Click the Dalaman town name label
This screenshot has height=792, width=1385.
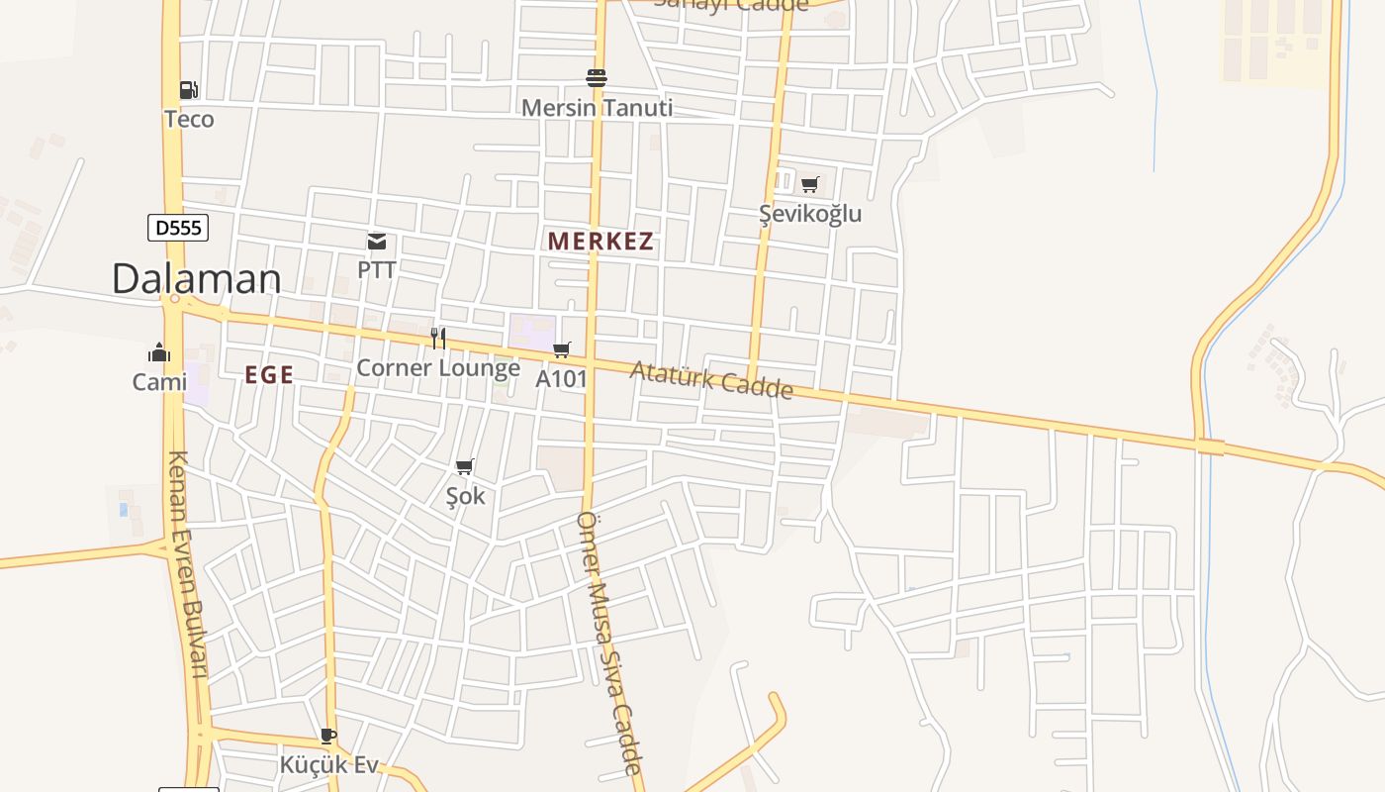196,278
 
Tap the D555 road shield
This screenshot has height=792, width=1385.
178,229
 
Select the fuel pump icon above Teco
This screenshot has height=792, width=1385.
189,90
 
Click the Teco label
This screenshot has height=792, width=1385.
189,120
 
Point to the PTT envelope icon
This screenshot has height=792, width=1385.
377,242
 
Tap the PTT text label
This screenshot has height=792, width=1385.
377,269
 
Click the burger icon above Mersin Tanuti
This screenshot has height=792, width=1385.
597,77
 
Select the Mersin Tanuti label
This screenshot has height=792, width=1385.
597,108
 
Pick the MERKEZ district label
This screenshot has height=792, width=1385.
600,242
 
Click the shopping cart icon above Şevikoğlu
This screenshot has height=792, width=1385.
810,184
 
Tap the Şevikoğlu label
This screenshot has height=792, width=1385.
810,214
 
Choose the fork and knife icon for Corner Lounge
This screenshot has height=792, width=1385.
438,339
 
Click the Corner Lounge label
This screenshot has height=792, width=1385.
438,368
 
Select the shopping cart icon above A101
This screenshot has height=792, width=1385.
562,349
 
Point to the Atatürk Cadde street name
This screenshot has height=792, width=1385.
711,380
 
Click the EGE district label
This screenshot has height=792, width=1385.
269,374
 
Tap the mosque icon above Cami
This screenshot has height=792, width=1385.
159,352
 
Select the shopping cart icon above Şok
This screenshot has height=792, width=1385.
465,466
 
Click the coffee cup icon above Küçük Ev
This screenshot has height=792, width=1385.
328,736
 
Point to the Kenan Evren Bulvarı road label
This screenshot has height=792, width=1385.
187,564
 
